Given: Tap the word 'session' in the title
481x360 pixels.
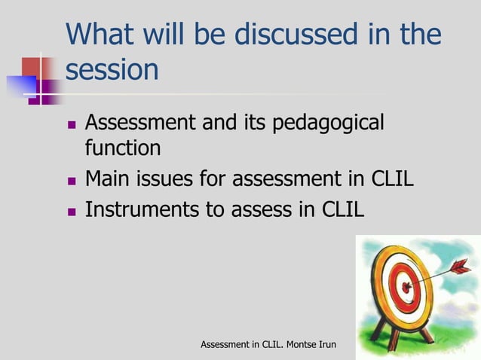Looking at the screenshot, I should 112,71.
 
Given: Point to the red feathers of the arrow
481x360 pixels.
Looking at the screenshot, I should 459,266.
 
